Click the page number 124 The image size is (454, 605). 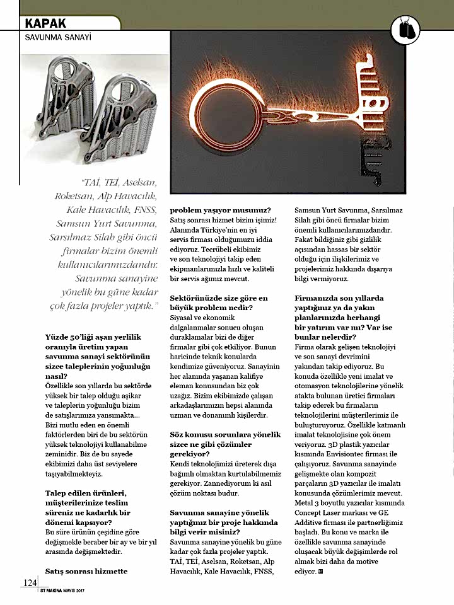[x=30, y=582]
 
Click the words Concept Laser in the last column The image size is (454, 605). [x=322, y=513]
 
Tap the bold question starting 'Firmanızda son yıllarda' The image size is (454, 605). [x=343, y=313]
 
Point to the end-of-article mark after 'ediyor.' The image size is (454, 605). [x=322, y=572]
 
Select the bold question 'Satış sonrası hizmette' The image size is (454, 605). [x=86, y=571]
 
